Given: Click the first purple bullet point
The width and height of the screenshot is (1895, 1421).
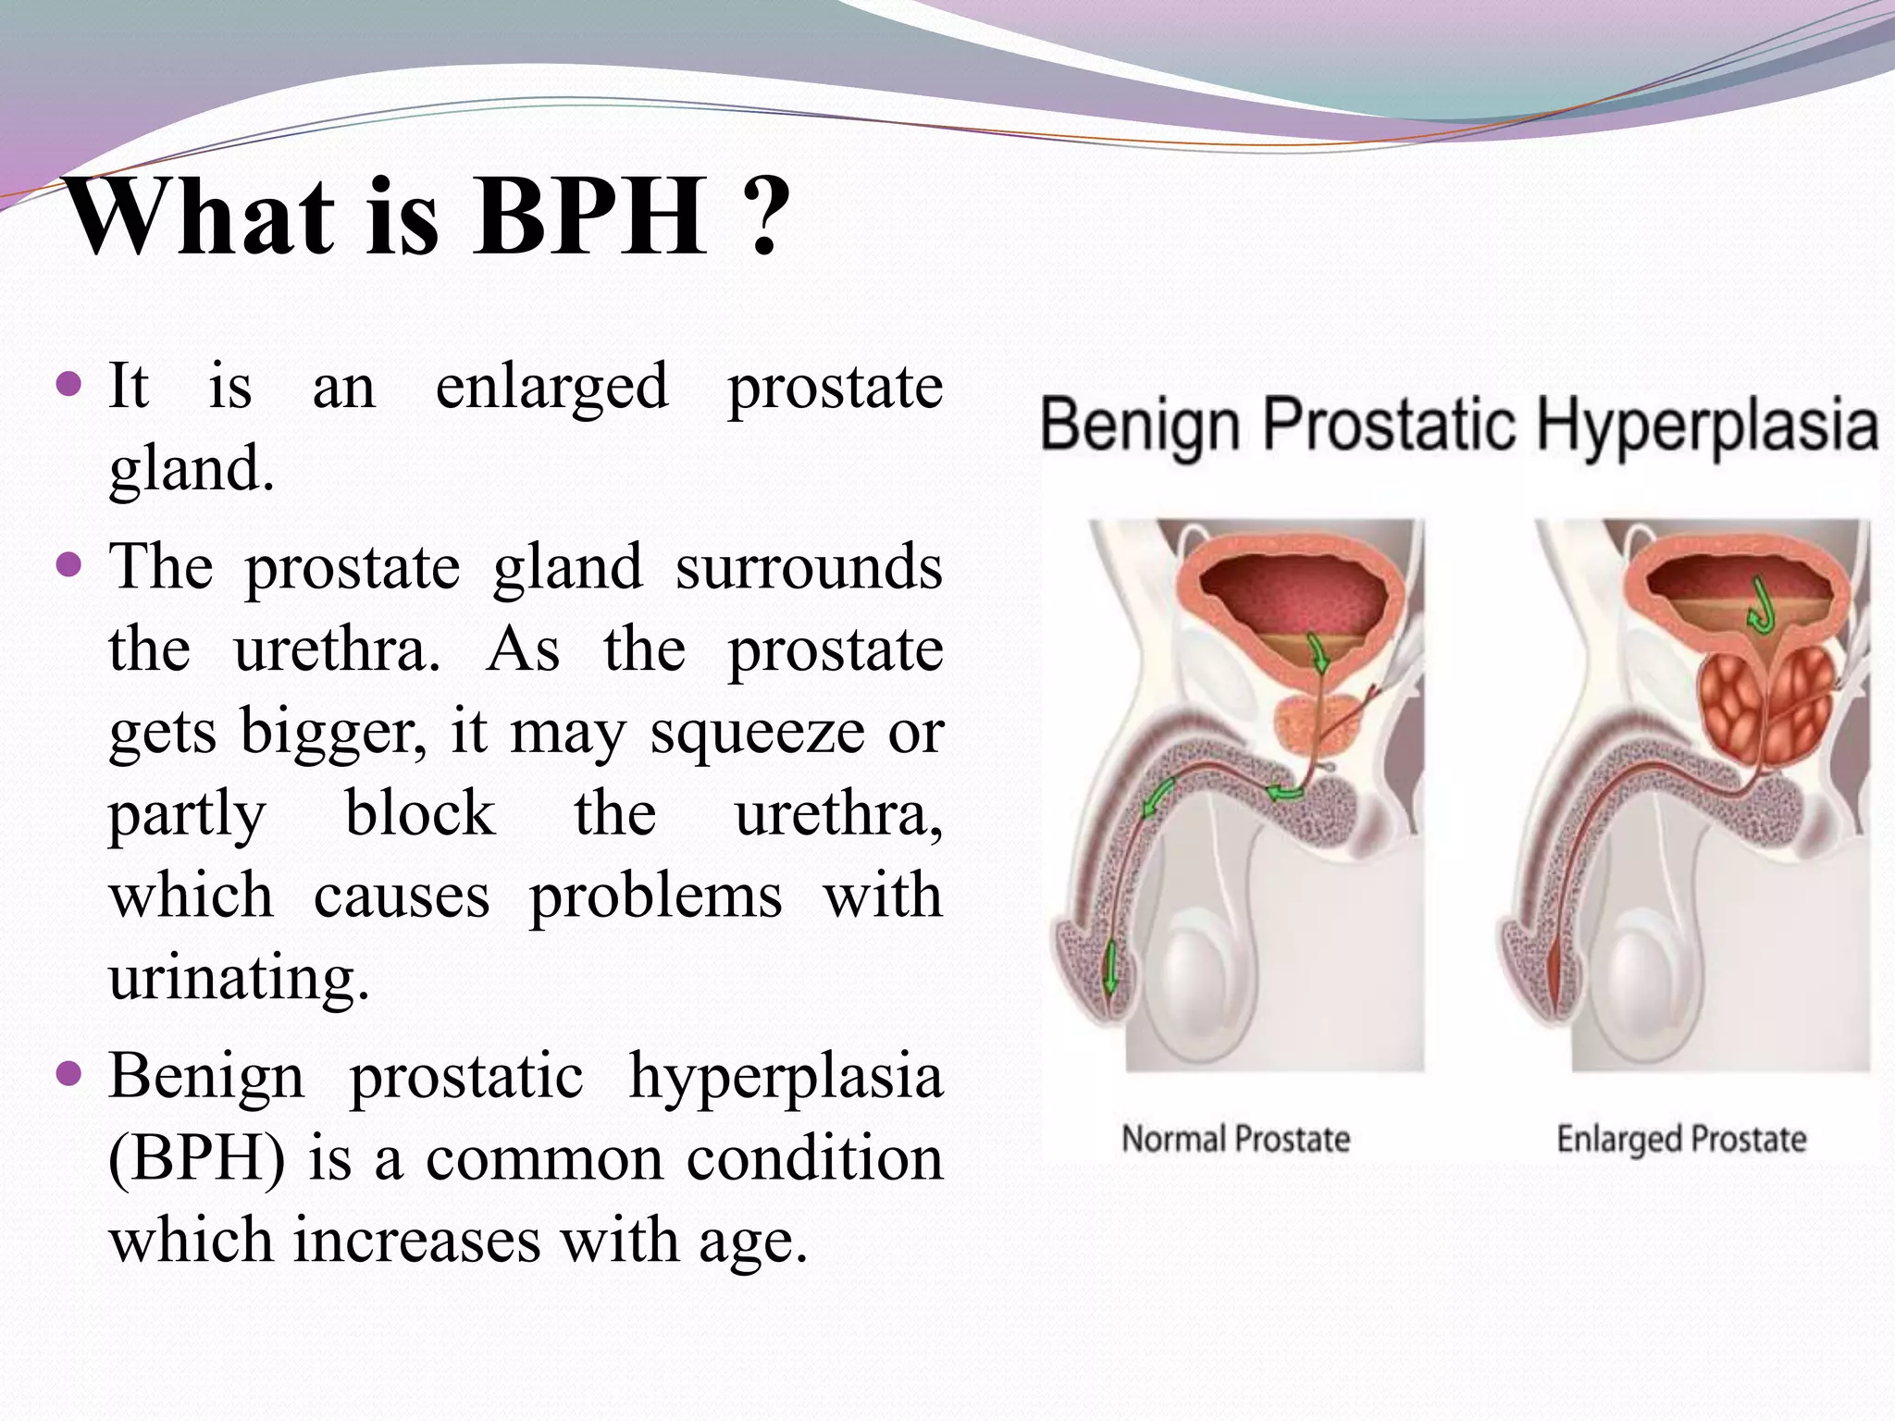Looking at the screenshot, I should tap(69, 384).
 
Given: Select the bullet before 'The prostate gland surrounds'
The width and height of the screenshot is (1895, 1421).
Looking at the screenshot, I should tap(69, 564).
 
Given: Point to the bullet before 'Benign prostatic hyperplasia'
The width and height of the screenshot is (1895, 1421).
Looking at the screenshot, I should tap(69, 1075).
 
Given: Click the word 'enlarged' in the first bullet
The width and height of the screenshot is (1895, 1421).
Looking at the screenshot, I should tap(551, 387).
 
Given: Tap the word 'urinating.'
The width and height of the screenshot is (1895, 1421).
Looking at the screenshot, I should tap(239, 979).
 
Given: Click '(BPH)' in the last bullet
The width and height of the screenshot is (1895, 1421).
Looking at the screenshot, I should tap(197, 1158).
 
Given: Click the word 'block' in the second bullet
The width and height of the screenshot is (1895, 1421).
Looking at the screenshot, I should tap(420, 814).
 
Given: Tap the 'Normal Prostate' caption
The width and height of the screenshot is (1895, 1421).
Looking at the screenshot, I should tap(1235, 1139).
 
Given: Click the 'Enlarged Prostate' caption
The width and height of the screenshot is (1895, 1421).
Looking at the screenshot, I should tap(1680, 1139).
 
